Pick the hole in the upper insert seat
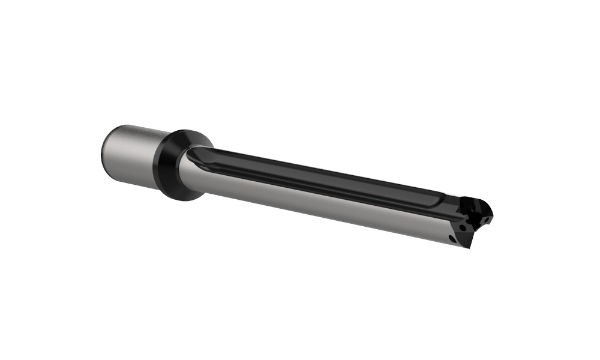(474, 207)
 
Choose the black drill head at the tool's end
(474, 219)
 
